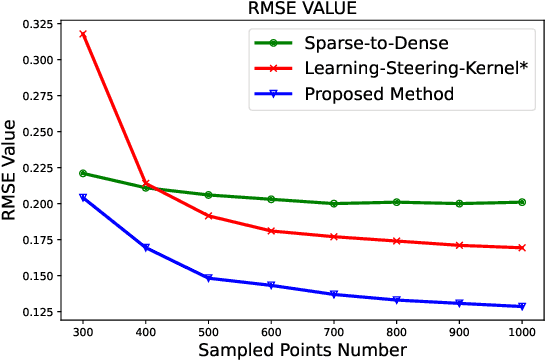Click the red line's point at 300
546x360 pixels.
[x=83, y=34]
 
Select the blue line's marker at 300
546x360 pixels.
[x=83, y=198]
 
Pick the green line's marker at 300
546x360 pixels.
[x=83, y=173]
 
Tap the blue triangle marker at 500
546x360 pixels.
[x=208, y=278]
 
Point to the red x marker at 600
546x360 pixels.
[x=271, y=231]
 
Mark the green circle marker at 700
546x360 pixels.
[x=334, y=203]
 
